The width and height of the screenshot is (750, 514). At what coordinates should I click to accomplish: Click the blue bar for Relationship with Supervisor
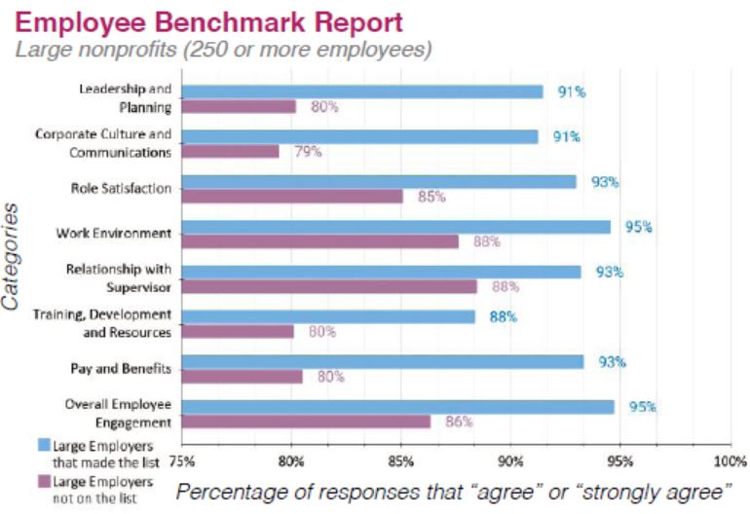(x=381, y=272)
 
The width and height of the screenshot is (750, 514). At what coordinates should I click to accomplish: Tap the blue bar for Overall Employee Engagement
(x=397, y=407)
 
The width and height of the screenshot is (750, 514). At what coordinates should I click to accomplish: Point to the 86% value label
(x=459, y=422)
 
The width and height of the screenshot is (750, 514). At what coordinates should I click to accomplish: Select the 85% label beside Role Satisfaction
(x=431, y=197)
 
